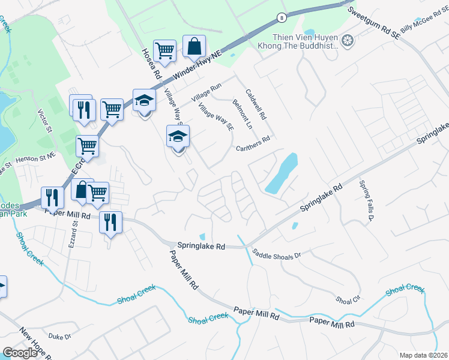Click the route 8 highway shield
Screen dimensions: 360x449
tap(281, 19)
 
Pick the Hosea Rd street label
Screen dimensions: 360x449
tap(149, 63)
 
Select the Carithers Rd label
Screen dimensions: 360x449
tap(253, 145)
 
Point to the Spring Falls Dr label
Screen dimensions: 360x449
tap(366, 201)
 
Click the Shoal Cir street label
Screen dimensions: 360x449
tap(348, 299)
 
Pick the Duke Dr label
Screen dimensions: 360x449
tap(60, 338)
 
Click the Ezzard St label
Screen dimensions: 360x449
tap(74, 235)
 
